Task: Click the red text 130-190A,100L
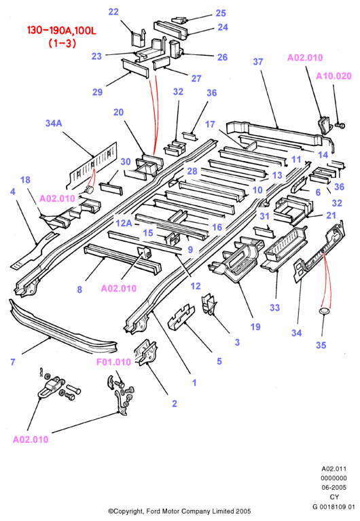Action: coord(62,31)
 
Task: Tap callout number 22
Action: coord(113,12)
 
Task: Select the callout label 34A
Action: coord(54,123)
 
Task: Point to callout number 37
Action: coord(258,61)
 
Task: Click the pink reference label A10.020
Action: coord(334,76)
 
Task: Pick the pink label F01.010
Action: coord(113,362)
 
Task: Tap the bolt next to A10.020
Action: coord(340,126)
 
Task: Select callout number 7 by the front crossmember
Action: coord(13,361)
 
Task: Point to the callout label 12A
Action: coord(124,223)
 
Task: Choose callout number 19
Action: coord(255,327)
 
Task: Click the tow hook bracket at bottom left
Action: coord(50,387)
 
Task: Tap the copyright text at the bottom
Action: coord(179,511)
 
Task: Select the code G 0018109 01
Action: coord(334,507)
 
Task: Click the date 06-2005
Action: coord(334,488)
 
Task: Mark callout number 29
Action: coord(97,92)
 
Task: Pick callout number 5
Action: coord(219,361)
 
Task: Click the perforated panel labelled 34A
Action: coord(93,165)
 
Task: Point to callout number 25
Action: coord(221,13)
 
